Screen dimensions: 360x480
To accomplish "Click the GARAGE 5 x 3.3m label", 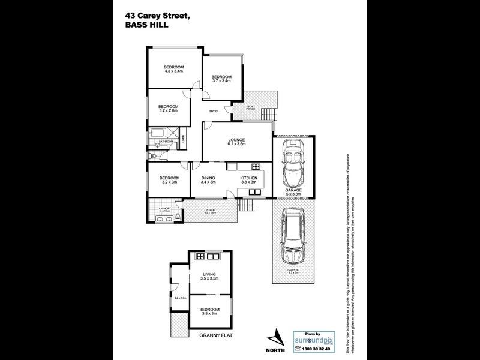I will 293,193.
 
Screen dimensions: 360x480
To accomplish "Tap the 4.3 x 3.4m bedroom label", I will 173,68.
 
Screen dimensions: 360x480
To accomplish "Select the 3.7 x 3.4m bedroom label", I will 221,78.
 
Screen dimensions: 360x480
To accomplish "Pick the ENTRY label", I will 213,112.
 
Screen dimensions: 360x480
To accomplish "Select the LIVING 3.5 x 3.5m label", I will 209,277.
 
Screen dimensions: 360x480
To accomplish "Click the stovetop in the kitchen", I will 254,167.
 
